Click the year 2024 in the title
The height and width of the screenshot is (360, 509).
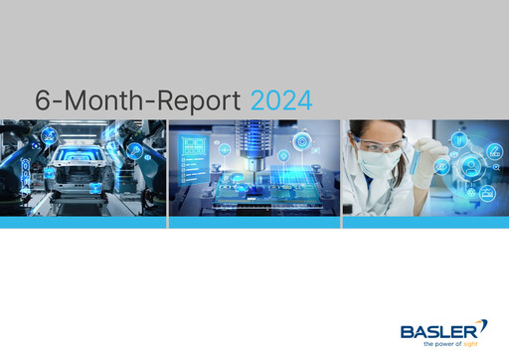click(281, 100)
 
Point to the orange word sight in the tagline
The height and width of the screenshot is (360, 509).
click(472, 344)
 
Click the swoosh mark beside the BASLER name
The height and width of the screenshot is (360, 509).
click(483, 326)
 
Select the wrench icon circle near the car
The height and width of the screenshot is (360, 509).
click(132, 150)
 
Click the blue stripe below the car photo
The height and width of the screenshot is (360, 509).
click(83, 223)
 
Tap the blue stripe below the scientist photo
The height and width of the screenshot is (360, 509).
click(425, 223)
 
